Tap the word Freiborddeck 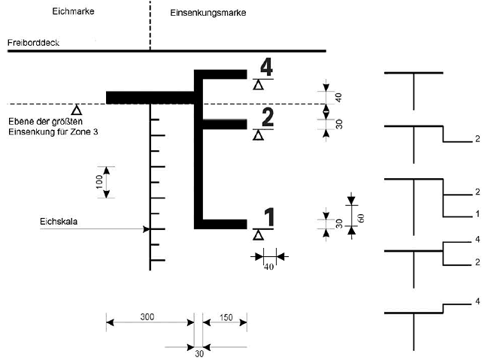[33, 43]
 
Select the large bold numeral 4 [266, 67]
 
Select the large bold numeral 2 [266, 117]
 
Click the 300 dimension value [147, 317]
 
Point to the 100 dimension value [99, 182]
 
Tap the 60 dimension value [361, 217]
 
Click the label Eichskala [56, 222]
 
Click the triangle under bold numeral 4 [258, 85]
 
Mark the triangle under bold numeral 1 [258, 235]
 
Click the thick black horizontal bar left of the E [150, 97]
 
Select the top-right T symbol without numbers [414, 83]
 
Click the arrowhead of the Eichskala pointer [147, 228]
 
